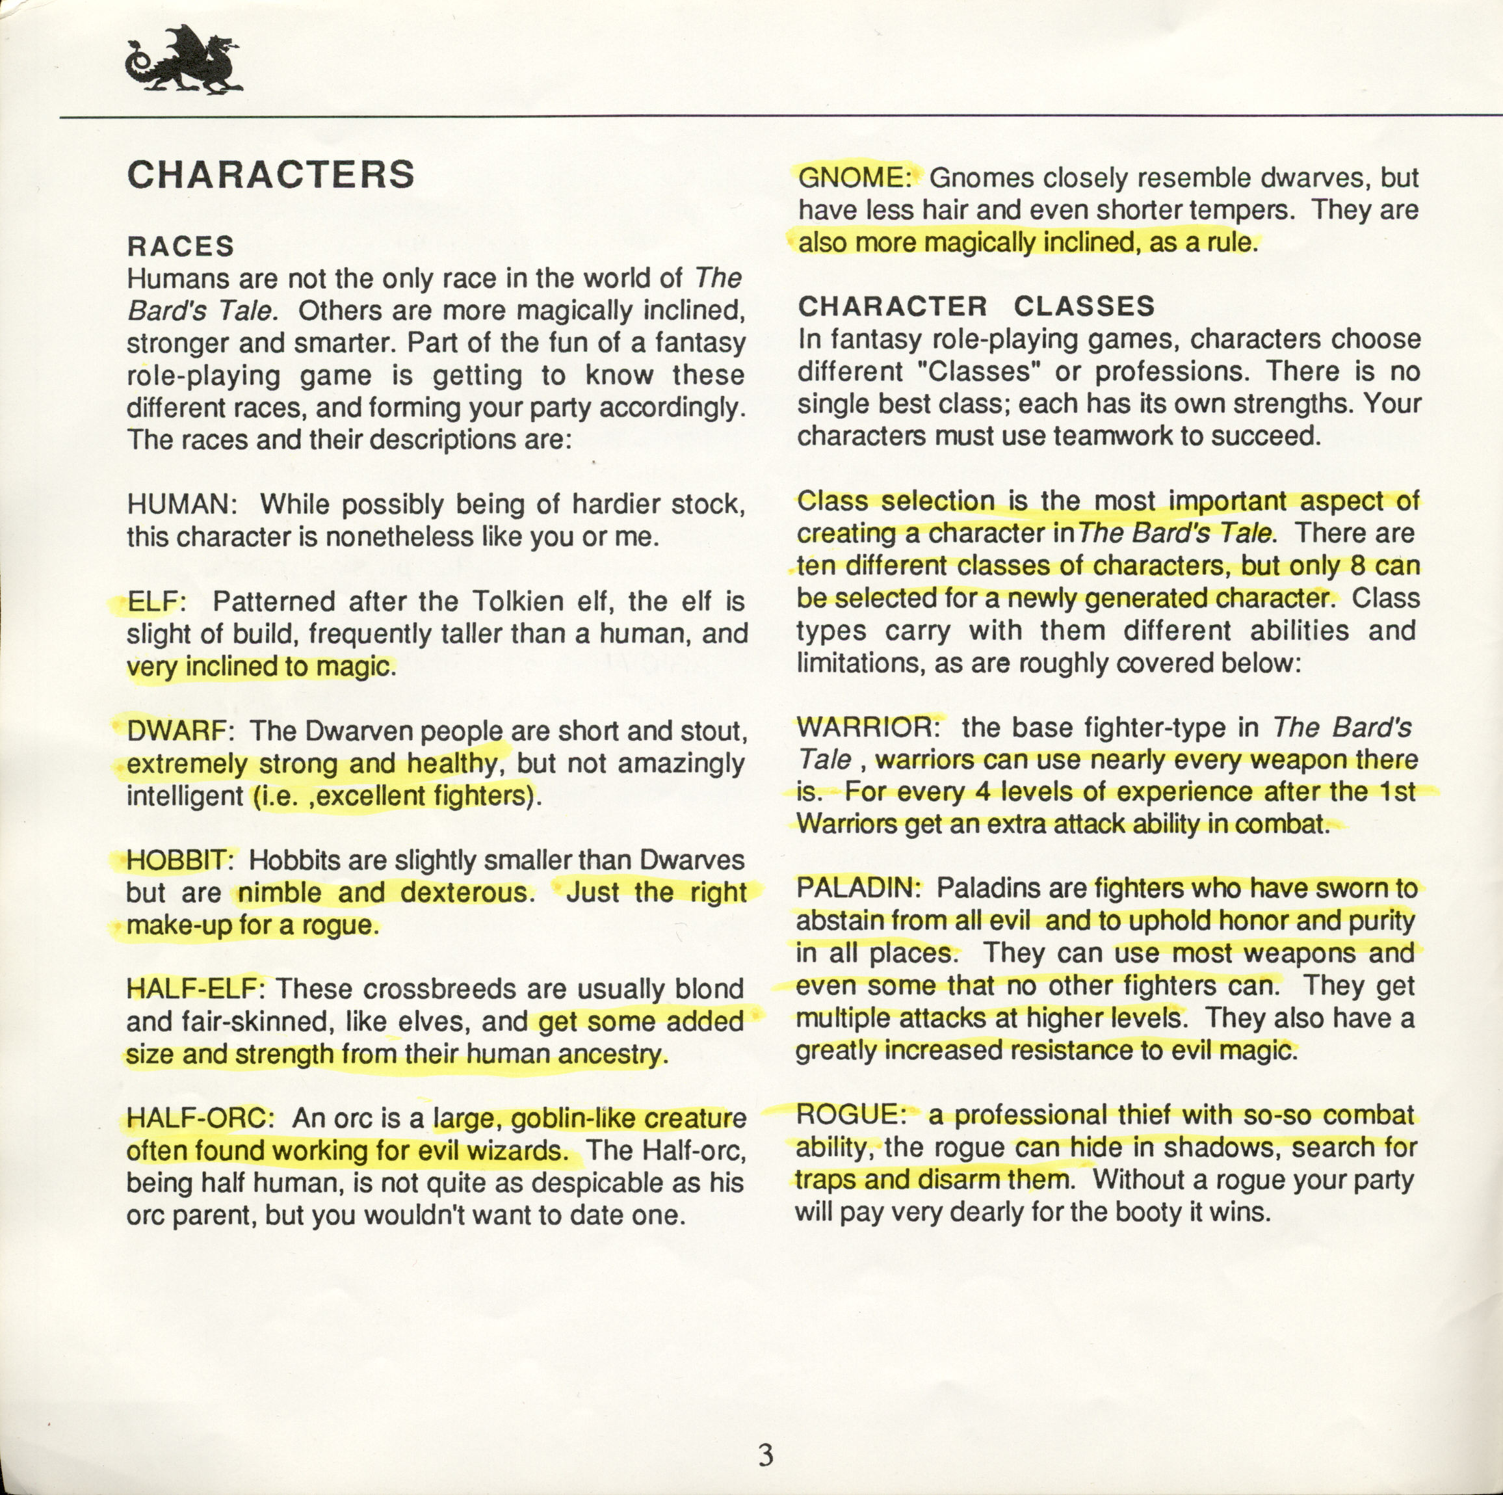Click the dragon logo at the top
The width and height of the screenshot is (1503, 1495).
pos(183,62)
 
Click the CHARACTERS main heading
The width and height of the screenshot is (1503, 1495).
pos(270,175)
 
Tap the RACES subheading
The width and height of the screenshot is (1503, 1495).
pos(181,246)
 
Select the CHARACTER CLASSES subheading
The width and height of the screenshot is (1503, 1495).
pos(976,306)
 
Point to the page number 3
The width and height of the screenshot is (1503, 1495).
pos(766,1455)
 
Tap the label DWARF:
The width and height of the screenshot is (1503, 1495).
pos(177,731)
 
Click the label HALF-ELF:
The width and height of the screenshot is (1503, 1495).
pos(197,988)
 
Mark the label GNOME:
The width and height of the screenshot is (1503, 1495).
pos(855,178)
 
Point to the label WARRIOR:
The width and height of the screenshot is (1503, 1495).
pos(869,727)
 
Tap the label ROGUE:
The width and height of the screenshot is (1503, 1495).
pos(851,1115)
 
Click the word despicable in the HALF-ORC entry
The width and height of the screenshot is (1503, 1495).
pos(599,1183)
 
